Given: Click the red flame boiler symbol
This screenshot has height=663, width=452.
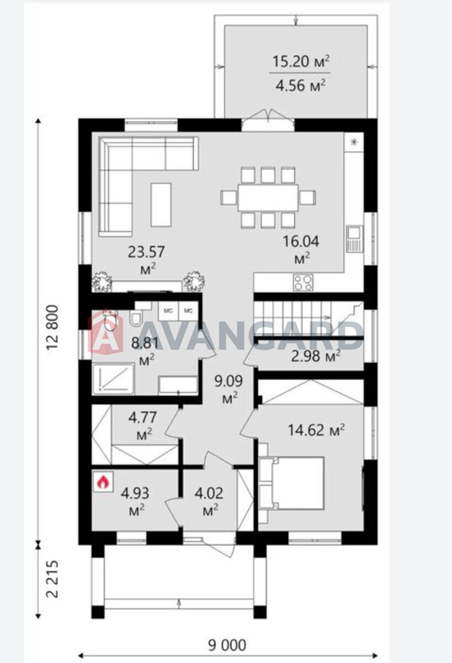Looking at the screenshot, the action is click(x=103, y=482).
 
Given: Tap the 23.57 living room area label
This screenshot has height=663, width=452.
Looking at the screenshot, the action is click(x=146, y=260).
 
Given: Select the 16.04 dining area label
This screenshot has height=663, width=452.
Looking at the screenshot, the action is click(x=301, y=249).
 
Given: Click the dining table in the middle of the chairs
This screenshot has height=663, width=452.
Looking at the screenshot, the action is click(x=268, y=198).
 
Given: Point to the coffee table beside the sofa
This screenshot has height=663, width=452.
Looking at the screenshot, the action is click(x=161, y=205).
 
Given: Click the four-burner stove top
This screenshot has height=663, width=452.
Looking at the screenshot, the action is click(x=302, y=282).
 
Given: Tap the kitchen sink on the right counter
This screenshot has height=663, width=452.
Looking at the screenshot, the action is click(x=354, y=239).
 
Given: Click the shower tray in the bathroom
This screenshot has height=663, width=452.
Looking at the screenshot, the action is click(x=113, y=379).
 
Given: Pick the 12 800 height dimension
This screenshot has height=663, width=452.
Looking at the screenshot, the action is click(x=52, y=328).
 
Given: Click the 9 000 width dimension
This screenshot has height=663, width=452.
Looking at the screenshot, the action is click(x=227, y=643).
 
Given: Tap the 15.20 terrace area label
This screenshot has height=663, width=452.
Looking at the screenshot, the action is click(x=300, y=61).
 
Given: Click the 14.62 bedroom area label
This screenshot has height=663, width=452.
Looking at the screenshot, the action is click(x=316, y=430).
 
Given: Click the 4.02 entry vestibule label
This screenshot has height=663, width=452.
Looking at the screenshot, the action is click(x=209, y=501).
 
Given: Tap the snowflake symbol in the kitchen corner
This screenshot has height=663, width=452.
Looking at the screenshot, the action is click(x=354, y=143).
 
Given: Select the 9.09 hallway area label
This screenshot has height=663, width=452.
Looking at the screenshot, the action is click(x=229, y=388).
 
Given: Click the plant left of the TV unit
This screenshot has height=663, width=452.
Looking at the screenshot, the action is click(x=102, y=281).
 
